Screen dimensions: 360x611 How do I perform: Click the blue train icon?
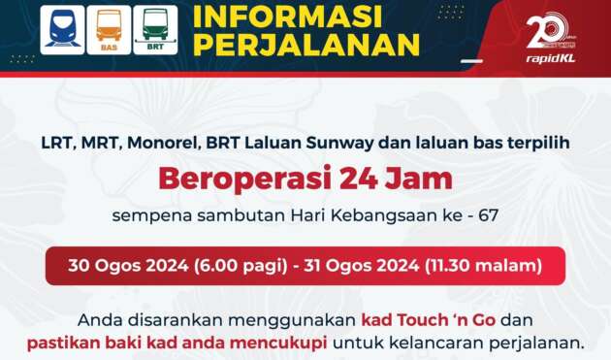(61, 29)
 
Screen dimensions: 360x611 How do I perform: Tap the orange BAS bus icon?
(109, 29)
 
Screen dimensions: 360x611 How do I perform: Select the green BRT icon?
(155, 29)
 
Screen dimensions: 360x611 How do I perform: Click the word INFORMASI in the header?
(289, 16)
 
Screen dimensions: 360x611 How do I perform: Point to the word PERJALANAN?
(306, 45)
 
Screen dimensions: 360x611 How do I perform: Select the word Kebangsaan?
(395, 215)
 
